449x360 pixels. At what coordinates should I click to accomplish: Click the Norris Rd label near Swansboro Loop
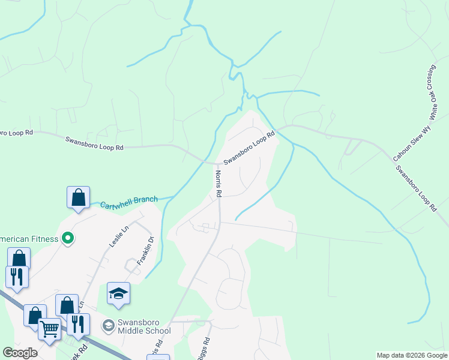click(218, 184)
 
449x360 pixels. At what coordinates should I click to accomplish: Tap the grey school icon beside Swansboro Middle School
click(109, 326)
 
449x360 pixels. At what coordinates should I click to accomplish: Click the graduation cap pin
click(118, 294)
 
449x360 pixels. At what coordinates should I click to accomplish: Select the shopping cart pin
click(49, 329)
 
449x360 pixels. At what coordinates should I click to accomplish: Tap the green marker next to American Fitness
click(68, 239)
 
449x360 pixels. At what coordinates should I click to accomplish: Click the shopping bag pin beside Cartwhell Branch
click(78, 197)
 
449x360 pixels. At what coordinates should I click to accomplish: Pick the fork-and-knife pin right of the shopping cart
click(78, 324)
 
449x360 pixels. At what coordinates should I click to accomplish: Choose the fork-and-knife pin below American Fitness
click(16, 277)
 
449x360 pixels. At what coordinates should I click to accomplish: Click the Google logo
click(20, 353)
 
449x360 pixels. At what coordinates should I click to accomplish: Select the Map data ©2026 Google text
click(411, 355)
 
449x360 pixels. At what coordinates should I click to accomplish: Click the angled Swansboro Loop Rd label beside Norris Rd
click(249, 149)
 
